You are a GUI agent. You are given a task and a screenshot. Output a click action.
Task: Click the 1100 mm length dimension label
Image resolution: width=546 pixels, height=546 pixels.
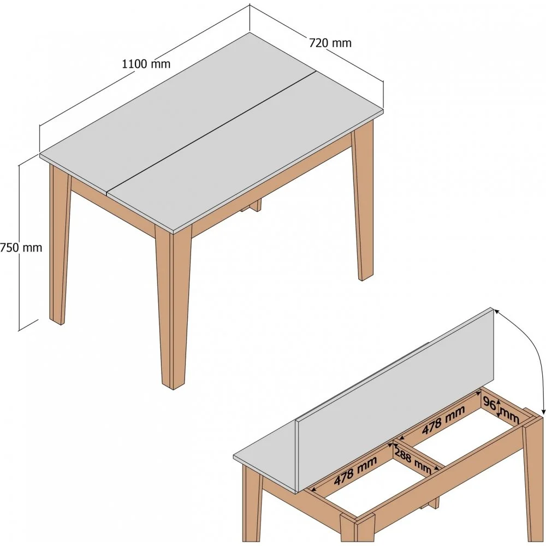tap(146, 64)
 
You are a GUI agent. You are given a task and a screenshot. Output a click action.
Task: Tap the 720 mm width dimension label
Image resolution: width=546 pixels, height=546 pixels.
tap(330, 43)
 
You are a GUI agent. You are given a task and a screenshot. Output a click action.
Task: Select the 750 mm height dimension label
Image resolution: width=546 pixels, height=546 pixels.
tap(21, 247)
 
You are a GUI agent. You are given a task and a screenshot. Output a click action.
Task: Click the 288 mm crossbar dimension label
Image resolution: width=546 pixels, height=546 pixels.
tap(413, 459)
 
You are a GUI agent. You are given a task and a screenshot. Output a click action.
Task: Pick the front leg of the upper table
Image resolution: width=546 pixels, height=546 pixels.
tap(173, 306)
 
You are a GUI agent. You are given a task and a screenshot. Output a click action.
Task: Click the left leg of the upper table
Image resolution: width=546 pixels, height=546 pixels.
tap(60, 244)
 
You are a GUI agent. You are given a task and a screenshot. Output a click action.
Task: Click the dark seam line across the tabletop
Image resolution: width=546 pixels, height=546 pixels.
tap(212, 132)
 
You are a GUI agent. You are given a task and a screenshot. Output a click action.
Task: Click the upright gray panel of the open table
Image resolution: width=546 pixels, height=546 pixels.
tap(395, 400)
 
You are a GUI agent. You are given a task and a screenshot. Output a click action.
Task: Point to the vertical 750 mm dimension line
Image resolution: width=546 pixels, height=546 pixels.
tap(19, 247)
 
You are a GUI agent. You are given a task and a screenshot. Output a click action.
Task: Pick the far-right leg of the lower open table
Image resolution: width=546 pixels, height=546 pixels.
tap(533, 480)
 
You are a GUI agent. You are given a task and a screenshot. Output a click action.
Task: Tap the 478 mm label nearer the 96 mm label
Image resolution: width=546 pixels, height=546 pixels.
tap(443, 420)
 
